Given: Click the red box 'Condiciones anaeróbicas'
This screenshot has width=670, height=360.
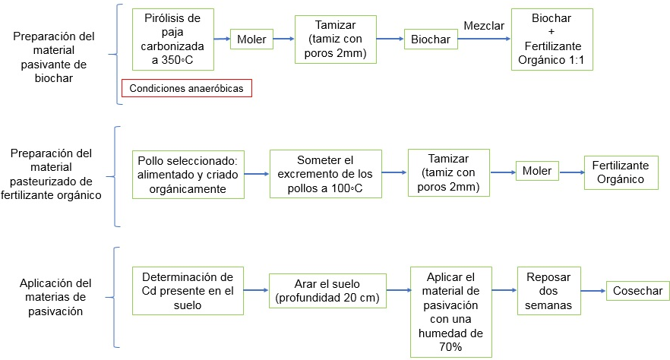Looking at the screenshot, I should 186,88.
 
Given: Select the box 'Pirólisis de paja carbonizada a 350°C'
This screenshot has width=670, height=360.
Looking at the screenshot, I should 173,39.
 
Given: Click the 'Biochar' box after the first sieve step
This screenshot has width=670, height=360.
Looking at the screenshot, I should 430,39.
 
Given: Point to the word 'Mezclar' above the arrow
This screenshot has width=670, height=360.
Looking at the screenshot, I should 483,25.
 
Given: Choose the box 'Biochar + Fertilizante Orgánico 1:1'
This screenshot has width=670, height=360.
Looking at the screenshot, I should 552,39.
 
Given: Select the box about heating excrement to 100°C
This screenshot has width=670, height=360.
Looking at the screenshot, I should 326,174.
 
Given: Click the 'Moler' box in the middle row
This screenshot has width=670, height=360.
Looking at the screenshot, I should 537,172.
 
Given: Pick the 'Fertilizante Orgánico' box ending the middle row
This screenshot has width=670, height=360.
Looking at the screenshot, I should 621,172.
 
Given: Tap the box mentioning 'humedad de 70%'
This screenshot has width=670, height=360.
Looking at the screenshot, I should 450,311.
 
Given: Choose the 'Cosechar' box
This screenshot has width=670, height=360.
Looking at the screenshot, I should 638,290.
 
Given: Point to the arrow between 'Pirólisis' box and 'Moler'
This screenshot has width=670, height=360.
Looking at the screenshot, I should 223,39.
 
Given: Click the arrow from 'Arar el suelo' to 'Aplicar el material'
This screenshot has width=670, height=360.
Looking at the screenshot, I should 397,290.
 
